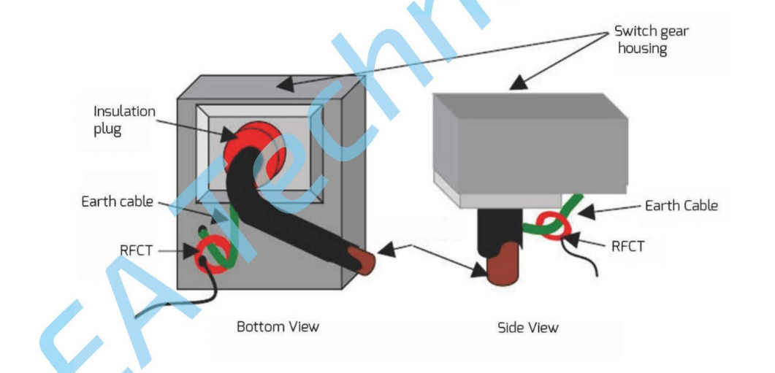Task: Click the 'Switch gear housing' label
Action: pyautogui.click(x=651, y=39)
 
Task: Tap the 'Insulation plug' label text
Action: pyautogui.click(x=124, y=119)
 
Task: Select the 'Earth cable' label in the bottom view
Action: pyautogui.click(x=117, y=201)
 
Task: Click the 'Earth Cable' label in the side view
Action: pyautogui.click(x=681, y=205)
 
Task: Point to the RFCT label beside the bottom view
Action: pyautogui.click(x=137, y=252)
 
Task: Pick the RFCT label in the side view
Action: pyautogui.click(x=627, y=246)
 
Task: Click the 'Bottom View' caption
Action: pyautogui.click(x=278, y=326)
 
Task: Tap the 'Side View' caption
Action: pyautogui.click(x=527, y=327)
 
